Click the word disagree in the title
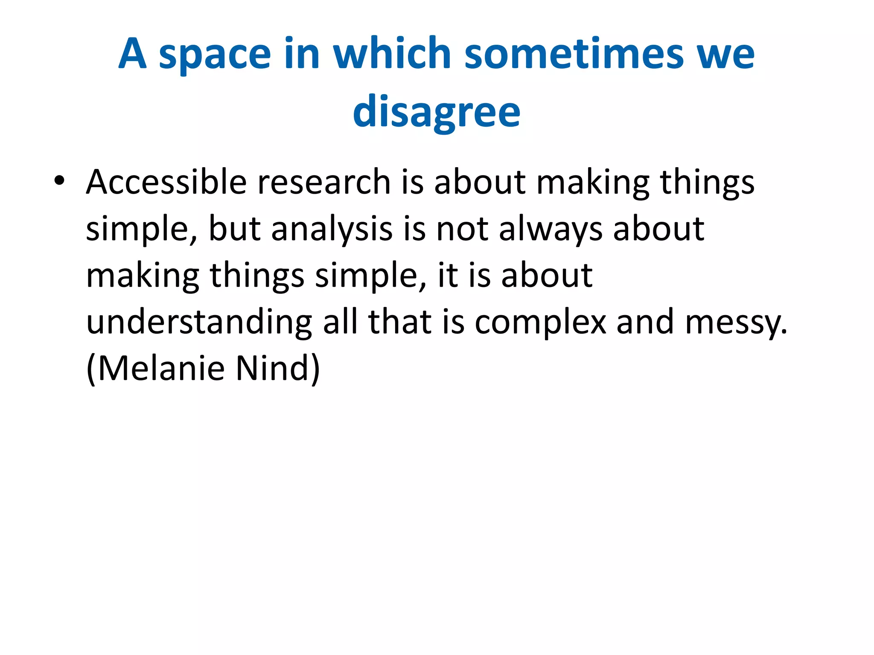point(437,112)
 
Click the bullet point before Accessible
point(59,181)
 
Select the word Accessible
point(166,182)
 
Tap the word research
point(324,182)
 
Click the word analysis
point(332,229)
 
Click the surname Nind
point(277,368)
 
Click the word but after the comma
point(234,229)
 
